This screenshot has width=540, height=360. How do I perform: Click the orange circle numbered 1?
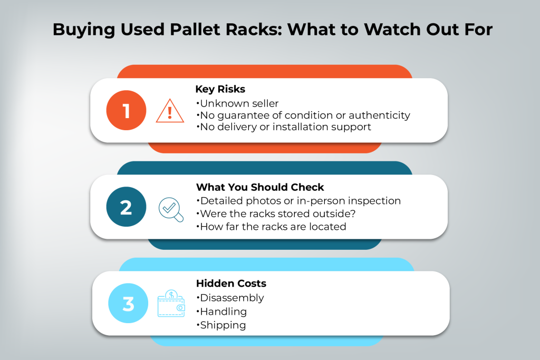pos(126,111)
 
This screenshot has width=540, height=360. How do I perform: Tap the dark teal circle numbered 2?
pos(126,207)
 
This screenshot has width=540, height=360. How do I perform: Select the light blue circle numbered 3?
pos(128,304)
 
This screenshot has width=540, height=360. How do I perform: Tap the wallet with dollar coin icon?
pos(171,304)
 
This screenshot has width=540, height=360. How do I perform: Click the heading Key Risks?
pos(220,90)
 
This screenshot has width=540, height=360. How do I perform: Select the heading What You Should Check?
pos(260,187)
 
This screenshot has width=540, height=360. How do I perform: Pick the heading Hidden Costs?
pos(231,284)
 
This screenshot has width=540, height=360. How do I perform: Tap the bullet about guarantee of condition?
pos(303,115)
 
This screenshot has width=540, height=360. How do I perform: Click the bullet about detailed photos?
pos(298,201)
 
